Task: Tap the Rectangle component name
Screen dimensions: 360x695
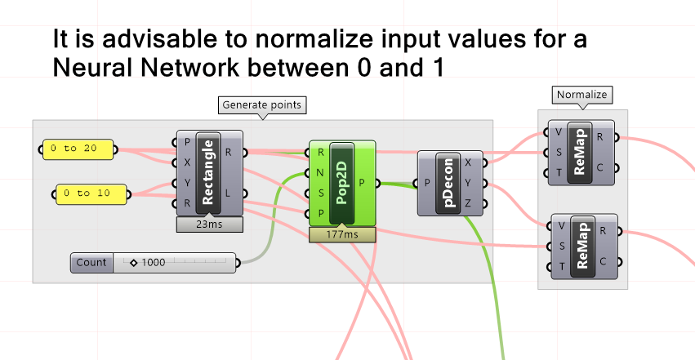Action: pos(209,172)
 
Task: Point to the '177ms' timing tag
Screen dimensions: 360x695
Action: pos(341,235)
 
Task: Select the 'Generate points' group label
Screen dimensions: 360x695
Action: pos(262,105)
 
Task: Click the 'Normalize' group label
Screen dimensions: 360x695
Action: pos(581,95)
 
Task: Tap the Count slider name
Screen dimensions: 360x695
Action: pos(91,262)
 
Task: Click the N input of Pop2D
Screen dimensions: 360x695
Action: pos(320,173)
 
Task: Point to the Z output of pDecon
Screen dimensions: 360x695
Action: pos(468,202)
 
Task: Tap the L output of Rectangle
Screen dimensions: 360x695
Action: pos(228,193)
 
